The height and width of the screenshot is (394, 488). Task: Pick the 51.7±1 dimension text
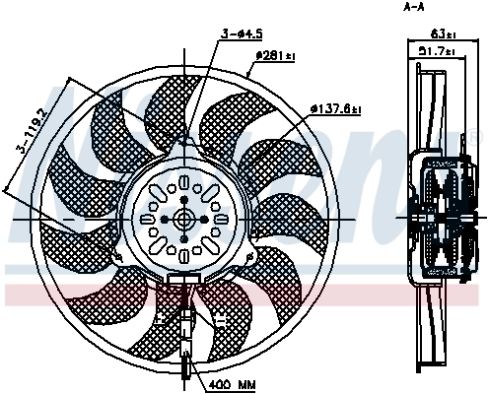point(436,51)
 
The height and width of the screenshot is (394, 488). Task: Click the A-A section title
point(415,7)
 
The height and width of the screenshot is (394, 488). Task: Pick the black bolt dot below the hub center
point(184,237)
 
